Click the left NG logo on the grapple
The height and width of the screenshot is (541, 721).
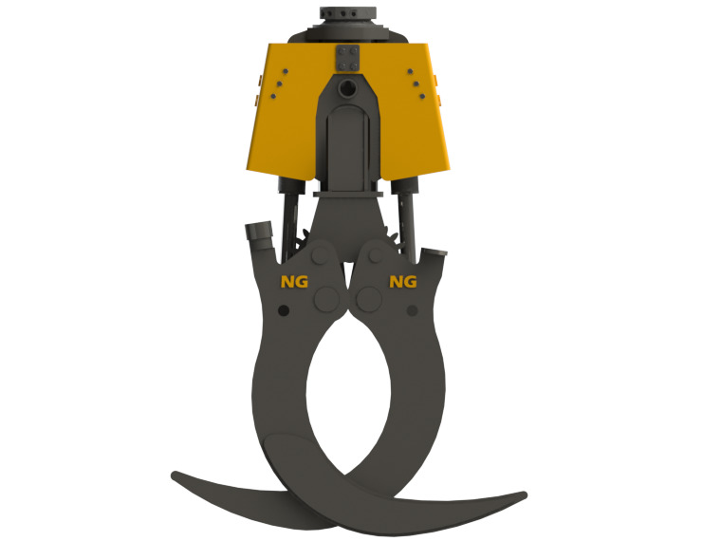[x=294, y=281]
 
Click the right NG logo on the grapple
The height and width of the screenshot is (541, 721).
[x=403, y=281]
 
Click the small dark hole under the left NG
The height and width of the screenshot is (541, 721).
[x=284, y=311]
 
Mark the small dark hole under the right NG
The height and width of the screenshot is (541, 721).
[x=411, y=310]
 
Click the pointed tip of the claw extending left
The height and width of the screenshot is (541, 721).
[x=173, y=473]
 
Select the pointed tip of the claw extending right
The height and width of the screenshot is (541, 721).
[x=525, y=494]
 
